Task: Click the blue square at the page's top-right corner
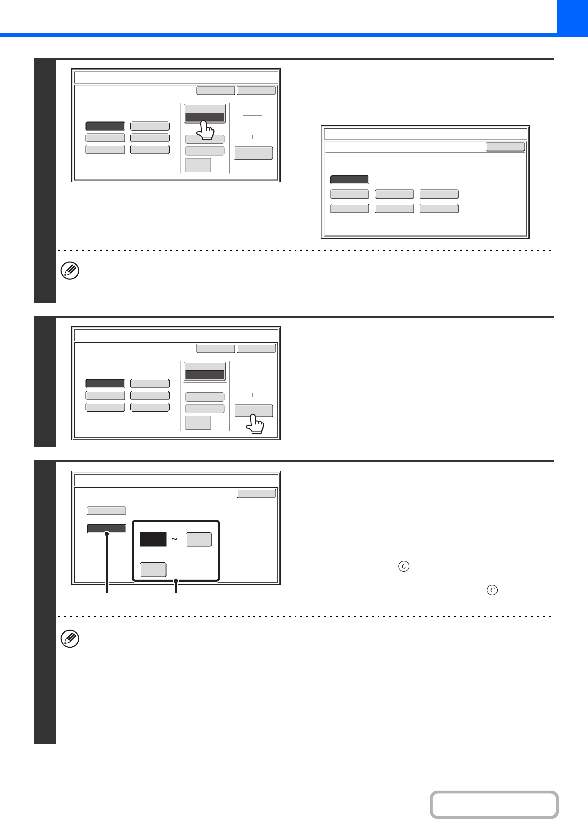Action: tap(572, 18)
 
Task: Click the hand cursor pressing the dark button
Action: tap(206, 130)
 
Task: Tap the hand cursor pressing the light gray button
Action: tap(254, 424)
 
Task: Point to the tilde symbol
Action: tap(174, 539)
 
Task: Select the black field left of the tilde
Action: tap(153, 539)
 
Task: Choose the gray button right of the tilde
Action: tap(199, 539)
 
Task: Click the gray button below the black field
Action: tap(153, 569)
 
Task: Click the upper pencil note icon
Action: tap(70, 271)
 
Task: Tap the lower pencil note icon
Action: tap(70, 639)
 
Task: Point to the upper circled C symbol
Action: tap(404, 566)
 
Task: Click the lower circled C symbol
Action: tap(492, 590)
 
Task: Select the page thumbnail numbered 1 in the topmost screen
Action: tap(252, 129)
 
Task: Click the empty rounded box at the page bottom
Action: tap(494, 804)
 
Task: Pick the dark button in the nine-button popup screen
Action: tap(349, 180)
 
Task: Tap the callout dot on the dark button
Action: tap(107, 534)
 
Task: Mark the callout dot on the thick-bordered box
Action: tap(176, 581)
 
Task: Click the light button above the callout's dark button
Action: tap(107, 511)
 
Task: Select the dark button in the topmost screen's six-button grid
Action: tap(105, 126)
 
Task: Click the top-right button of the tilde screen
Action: tap(256, 493)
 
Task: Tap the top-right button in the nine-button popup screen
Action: tap(505, 147)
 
